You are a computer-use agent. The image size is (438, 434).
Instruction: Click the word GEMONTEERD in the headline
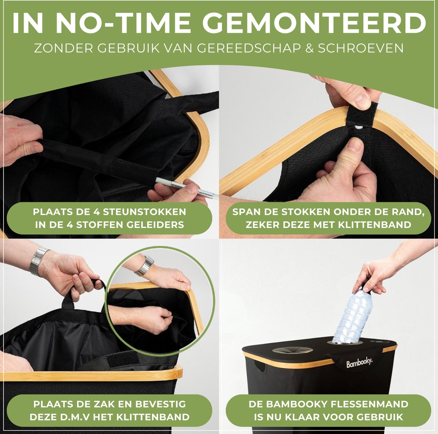point(315,23)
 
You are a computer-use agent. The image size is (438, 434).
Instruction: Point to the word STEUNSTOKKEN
point(145,212)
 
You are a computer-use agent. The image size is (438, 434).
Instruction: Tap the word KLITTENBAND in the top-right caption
point(374,225)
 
